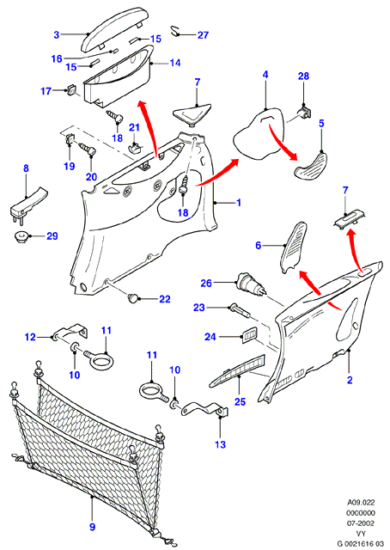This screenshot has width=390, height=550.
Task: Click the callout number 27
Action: point(203,35)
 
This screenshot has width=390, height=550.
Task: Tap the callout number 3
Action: point(57,34)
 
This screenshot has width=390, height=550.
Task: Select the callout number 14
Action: point(175,63)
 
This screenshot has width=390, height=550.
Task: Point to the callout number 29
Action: point(52,236)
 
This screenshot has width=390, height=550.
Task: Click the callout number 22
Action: point(164,299)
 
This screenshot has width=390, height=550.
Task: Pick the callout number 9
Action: point(92,527)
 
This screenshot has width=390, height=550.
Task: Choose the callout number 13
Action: point(220,444)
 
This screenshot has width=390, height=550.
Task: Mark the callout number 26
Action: point(206,283)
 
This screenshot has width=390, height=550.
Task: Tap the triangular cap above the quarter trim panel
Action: point(191,114)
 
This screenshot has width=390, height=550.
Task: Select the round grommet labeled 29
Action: point(21,236)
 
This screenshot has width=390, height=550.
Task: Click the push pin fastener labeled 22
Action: point(132,299)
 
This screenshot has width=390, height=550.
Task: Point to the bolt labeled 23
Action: point(239,311)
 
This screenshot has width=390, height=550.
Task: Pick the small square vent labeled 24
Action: point(248,333)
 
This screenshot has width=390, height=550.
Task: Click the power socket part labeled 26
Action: point(251,284)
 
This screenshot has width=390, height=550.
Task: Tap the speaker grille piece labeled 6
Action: point(293,247)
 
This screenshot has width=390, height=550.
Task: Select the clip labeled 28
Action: point(304,112)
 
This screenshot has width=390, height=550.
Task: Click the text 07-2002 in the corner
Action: point(361,523)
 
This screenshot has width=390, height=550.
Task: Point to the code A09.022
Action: point(361,502)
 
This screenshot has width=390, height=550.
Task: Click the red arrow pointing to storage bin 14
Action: point(149,128)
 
